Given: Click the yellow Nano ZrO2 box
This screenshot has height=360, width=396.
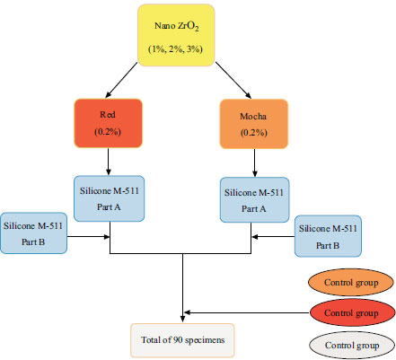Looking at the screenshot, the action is tap(176, 35).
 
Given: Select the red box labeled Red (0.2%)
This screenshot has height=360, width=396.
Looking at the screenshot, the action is tap(108, 123).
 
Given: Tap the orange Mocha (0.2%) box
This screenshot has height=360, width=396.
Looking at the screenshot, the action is tap(254, 124).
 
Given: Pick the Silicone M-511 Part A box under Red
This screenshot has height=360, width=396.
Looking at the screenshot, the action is tap(109, 198).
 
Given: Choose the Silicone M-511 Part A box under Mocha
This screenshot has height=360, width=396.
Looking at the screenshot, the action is tap(254, 200).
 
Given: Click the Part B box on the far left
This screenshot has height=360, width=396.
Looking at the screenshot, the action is tap(33, 233).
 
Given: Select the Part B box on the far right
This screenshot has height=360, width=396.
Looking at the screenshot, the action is tap(328, 236).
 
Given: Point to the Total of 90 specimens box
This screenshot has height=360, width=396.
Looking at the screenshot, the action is tap(182, 340).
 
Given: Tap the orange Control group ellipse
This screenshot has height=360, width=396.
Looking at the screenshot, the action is tap(351, 282).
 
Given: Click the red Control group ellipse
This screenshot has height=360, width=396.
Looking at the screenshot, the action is tap(352, 313).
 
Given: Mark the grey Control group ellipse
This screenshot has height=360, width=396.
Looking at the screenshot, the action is tap(352, 345).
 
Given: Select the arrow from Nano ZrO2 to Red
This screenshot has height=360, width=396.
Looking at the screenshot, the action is tap(121, 80).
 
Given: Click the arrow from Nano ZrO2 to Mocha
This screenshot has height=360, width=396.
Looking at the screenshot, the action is tap(233, 80).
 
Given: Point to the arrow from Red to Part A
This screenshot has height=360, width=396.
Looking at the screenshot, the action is tap(109, 162).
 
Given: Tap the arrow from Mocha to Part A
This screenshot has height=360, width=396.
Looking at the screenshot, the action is tap(255, 163).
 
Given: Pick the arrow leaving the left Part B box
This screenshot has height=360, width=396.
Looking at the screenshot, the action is tap(89, 237).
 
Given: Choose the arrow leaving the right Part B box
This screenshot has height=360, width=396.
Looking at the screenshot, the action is tap(273, 237).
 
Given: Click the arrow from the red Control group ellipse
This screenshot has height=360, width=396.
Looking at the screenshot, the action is tap(247, 313).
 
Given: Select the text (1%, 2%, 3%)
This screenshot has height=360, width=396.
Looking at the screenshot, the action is tap(176, 48).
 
